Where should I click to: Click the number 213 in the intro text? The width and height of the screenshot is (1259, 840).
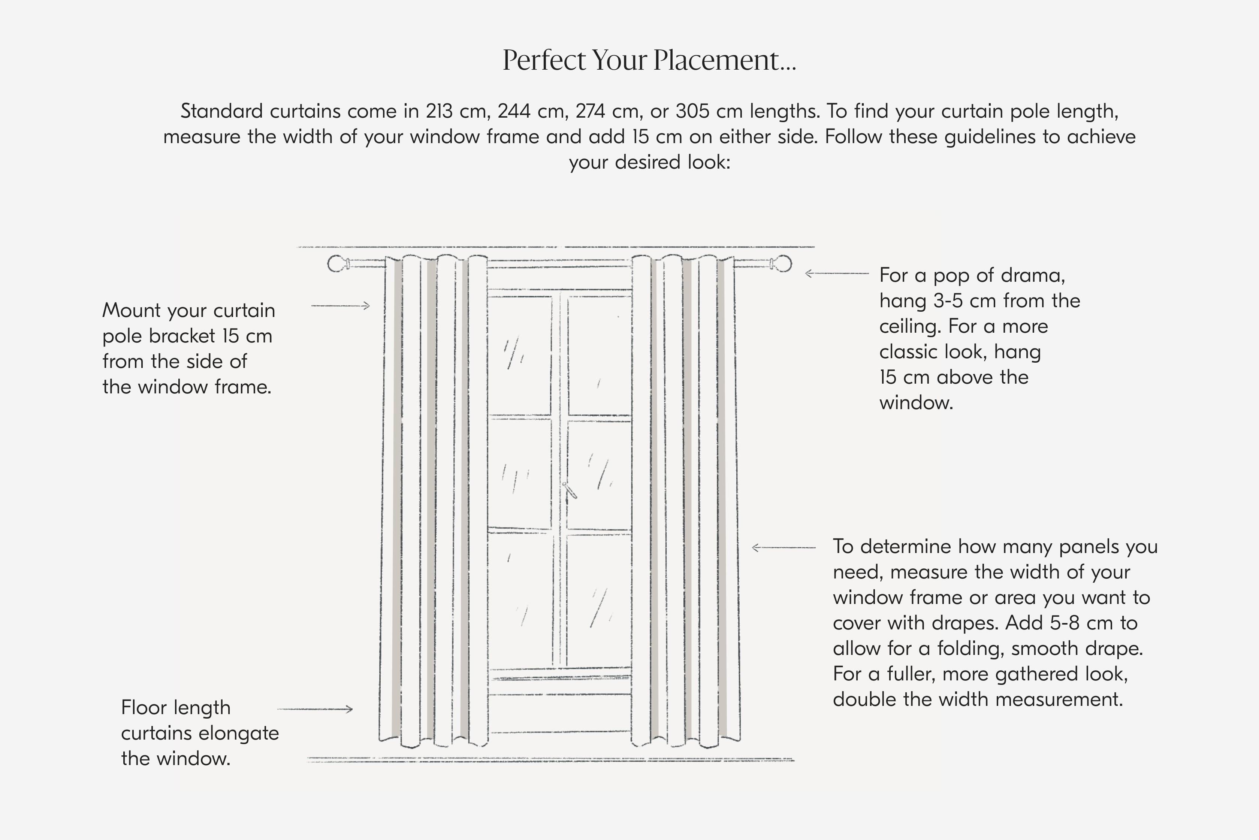439,111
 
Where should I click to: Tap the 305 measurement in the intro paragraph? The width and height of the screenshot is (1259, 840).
693,111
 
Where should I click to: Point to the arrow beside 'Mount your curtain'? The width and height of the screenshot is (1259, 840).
341,306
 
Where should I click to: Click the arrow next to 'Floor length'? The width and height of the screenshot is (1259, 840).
315,709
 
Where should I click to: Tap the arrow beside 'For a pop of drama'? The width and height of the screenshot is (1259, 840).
836,274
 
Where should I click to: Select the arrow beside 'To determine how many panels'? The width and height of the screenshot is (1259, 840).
784,547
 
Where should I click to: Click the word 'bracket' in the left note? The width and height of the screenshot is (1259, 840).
182,336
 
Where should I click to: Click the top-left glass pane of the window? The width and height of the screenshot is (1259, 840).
519,355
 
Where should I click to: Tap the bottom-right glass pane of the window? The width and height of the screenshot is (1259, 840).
600,600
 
